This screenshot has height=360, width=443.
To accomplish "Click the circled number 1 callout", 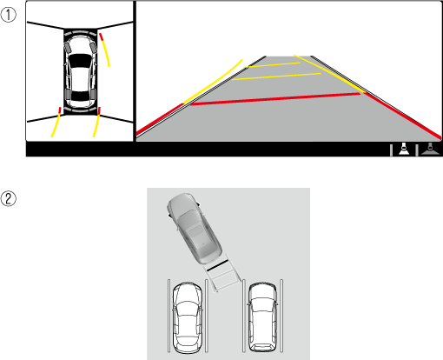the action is point(9,15).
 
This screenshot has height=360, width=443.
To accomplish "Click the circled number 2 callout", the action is point(9,198).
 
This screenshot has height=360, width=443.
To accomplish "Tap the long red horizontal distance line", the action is point(275,99).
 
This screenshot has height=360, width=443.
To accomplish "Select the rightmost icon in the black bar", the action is point(430,149).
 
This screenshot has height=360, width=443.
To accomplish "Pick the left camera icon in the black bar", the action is point(404,149).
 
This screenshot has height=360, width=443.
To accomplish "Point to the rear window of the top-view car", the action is point(80,96).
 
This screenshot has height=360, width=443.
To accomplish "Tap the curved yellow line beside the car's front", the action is point(104,50).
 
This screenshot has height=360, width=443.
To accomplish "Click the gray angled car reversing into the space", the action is point(195,228).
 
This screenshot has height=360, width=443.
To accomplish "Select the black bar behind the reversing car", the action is point(217,265).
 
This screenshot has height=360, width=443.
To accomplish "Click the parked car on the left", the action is point(188,318).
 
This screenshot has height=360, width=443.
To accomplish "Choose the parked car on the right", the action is point(262,317).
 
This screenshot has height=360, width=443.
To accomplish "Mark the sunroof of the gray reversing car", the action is point(196,231).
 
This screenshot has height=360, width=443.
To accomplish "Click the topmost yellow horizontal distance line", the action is point(272,65).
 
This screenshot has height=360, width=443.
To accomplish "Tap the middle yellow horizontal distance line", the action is point(276,77).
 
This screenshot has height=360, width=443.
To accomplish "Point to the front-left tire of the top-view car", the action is point(68,48).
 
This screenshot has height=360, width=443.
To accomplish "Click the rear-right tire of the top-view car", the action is point(93,94).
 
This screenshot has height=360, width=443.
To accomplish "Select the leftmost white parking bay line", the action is point(169,316).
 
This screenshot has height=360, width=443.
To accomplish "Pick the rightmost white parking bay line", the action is point(281,316).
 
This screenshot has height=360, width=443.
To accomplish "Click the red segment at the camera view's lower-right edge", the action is point(402,115).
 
